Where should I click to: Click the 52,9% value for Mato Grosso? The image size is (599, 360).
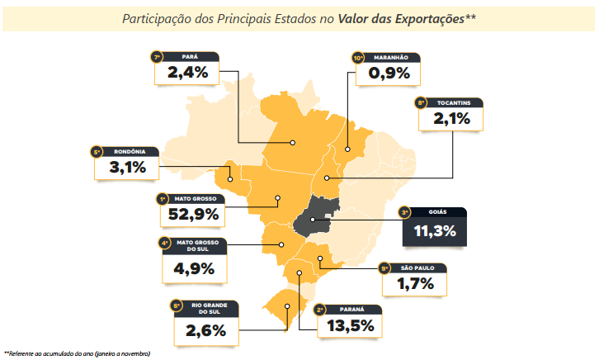point(191,215)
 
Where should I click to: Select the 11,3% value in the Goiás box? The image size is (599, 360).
point(434,230)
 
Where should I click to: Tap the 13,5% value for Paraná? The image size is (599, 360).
point(350,324)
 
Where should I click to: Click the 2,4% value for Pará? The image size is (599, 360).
point(189,72)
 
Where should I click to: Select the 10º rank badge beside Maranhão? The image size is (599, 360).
point(358,58)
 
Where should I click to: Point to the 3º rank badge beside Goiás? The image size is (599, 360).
point(404,211)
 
